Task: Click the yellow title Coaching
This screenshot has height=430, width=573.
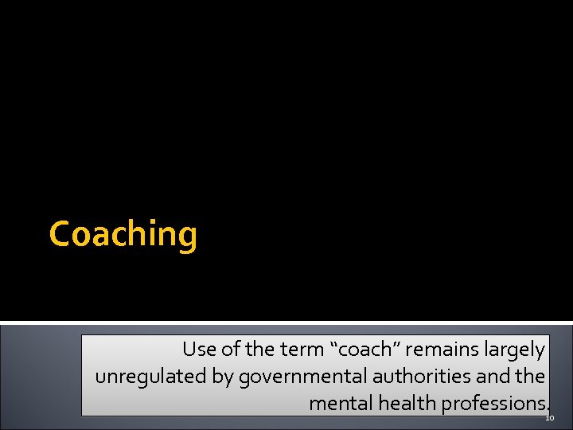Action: (x=123, y=235)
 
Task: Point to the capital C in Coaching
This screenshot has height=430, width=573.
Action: (x=59, y=234)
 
